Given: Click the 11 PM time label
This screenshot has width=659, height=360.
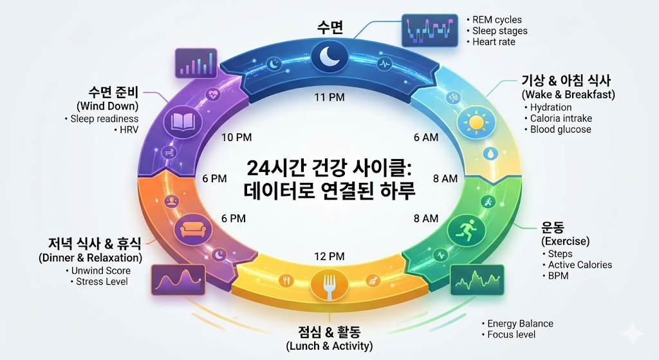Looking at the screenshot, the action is point(329,97).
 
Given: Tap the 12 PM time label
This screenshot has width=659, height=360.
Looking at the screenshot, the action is point(329,256).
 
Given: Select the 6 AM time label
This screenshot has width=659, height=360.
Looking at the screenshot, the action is point(425,137).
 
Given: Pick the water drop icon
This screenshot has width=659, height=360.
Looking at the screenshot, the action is point(491,155).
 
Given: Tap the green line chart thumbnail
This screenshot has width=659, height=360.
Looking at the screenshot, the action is point(477,279).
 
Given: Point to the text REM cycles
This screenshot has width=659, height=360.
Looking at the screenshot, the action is point(497,19).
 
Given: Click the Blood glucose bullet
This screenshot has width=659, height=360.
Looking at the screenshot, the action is point(560,129).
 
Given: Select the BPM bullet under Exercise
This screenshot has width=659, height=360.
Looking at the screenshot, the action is point(558,276).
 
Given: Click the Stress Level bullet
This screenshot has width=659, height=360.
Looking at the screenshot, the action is point(102,281).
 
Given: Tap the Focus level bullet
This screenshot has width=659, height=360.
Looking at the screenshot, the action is point(511,334).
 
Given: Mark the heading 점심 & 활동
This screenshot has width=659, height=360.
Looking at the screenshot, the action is point(329,332).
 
